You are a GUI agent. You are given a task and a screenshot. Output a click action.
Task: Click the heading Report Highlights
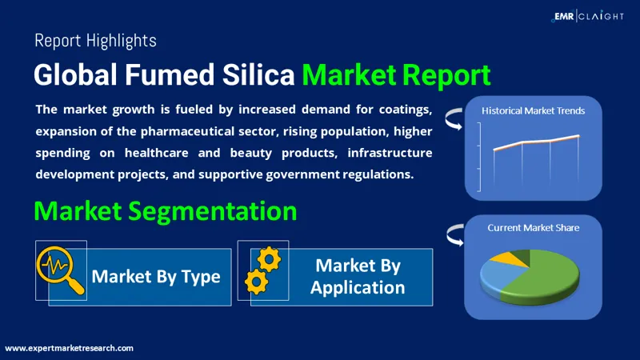pos(95,39)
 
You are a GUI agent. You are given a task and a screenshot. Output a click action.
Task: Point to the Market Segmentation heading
pos(166,211)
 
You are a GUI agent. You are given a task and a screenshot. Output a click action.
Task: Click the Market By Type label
pos(155,277)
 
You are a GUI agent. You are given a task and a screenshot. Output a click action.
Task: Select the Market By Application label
pos(358,276)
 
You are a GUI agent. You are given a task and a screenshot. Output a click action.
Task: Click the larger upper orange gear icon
pos(268,258)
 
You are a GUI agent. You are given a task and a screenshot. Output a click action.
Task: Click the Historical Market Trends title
pos(533,110)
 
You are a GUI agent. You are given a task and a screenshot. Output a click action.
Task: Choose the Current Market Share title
pos(533,228)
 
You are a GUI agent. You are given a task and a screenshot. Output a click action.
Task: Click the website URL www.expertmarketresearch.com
pos(70,348)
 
